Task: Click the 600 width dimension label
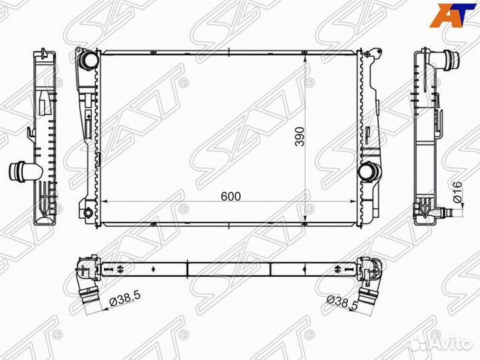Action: click(231, 197)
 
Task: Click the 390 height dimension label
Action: click(300, 136)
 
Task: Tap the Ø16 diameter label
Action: click(457, 192)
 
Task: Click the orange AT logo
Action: click(453, 15)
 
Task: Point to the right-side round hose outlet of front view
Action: click(369, 172)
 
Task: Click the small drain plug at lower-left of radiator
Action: click(87, 212)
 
